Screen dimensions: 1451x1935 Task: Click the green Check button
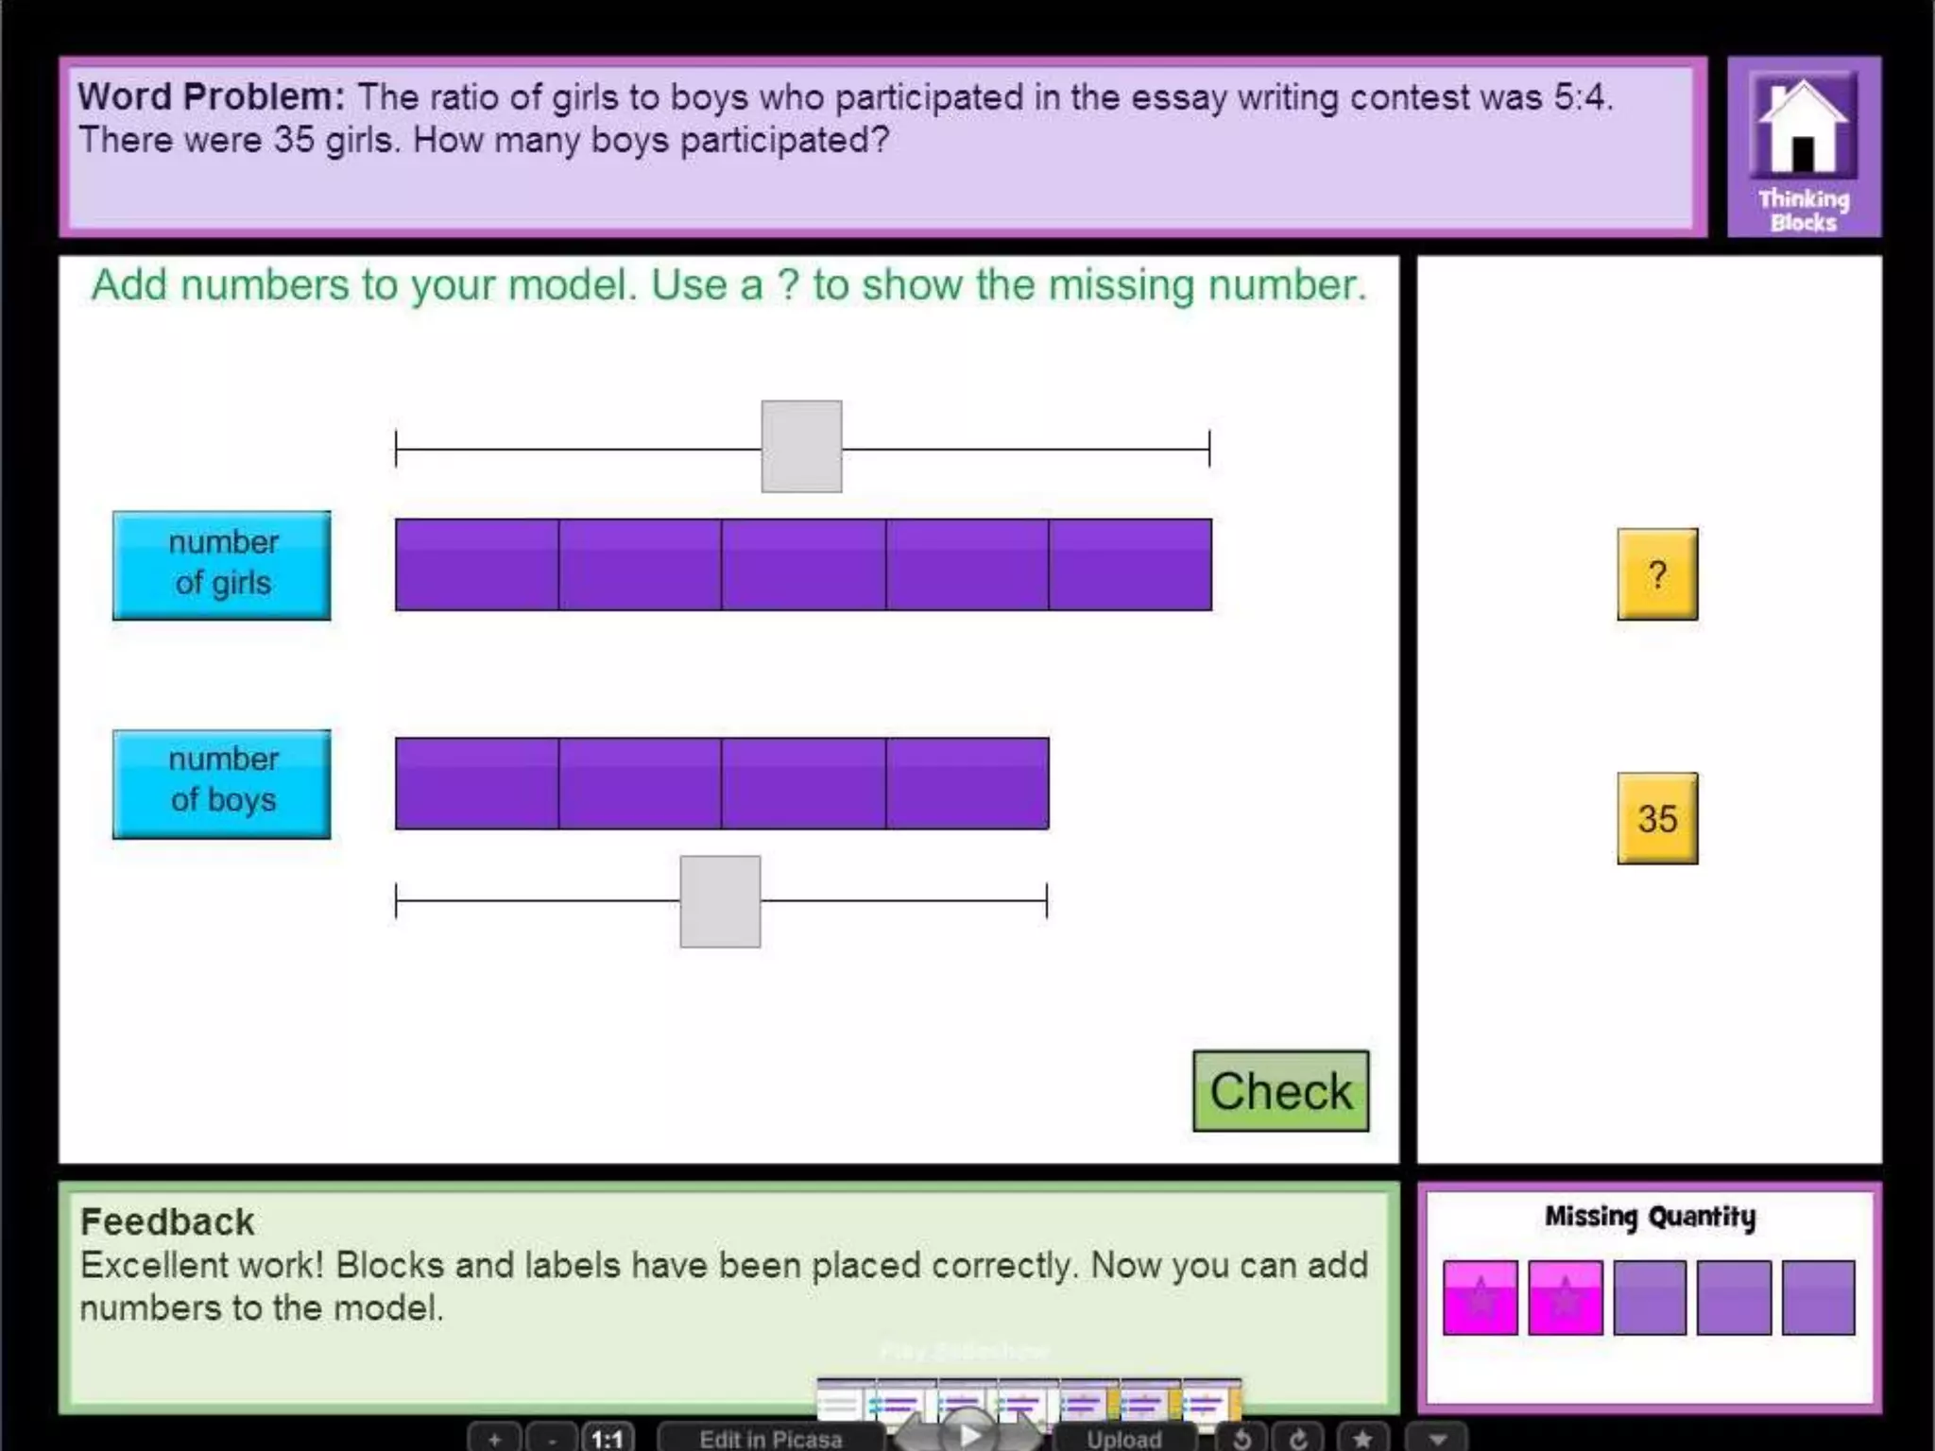1280,1091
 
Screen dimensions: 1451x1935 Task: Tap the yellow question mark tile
1657,574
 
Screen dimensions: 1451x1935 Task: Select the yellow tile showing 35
1657,818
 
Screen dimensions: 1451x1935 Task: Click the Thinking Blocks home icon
1803,146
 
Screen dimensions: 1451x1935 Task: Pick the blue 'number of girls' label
222,565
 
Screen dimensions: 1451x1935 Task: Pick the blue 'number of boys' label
222,783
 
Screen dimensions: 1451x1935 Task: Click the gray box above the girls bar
801,446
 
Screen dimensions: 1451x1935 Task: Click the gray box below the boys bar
720,901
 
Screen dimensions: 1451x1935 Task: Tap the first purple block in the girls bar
477,565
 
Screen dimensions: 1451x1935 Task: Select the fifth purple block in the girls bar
1130,565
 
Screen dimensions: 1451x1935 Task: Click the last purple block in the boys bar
967,783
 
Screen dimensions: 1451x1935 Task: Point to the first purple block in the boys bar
477,783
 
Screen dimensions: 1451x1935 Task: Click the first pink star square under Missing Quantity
1481,1297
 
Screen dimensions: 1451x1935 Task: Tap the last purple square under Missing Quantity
1818,1297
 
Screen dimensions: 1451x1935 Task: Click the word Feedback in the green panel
167,1222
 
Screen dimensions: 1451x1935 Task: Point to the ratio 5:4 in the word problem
1583,97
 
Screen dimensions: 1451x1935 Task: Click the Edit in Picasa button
770,1439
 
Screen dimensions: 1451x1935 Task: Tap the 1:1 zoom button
607,1439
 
